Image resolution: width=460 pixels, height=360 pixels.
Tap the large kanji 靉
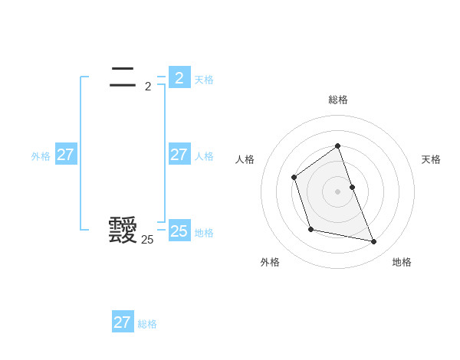pyautogui.click(x=123, y=231)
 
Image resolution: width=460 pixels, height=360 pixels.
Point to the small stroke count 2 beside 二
pyautogui.click(x=148, y=87)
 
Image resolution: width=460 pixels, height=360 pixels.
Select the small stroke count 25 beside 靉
pyautogui.click(x=147, y=240)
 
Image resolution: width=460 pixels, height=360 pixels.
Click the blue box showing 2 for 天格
pyautogui.click(x=179, y=77)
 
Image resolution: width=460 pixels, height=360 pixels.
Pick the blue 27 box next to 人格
pyautogui.click(x=179, y=155)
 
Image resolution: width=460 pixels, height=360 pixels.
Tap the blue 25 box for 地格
pyautogui.click(x=179, y=231)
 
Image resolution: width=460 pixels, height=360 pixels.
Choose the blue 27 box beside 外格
pyautogui.click(x=65, y=155)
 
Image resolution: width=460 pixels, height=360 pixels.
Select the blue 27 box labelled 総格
pyautogui.click(x=122, y=322)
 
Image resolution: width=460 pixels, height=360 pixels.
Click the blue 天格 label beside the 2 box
pyautogui.click(x=204, y=80)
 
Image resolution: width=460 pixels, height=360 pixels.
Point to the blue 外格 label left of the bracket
pyautogui.click(x=41, y=156)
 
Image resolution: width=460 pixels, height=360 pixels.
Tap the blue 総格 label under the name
pyautogui.click(x=147, y=324)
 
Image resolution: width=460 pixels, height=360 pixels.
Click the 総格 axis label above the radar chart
pyautogui.click(x=338, y=100)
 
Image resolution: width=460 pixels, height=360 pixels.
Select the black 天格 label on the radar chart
pyautogui.click(x=432, y=159)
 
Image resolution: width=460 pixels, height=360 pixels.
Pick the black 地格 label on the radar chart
pyautogui.click(x=402, y=262)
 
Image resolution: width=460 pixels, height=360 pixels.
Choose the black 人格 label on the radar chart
pyautogui.click(x=245, y=159)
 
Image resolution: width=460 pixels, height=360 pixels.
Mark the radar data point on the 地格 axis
pyautogui.click(x=374, y=242)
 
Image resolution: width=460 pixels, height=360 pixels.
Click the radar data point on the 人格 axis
pyautogui.click(x=294, y=178)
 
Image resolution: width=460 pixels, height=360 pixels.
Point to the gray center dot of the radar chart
pyautogui.click(x=338, y=191)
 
